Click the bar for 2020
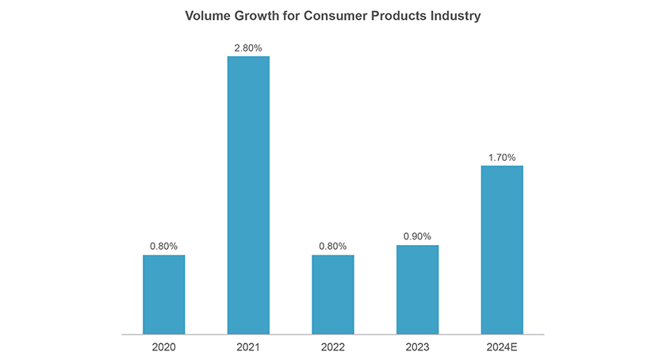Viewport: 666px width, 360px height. click(163, 294)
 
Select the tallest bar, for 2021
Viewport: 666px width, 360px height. click(248, 195)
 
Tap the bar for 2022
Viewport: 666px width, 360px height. click(333, 294)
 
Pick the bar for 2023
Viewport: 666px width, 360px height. click(417, 289)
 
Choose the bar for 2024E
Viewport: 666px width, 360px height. click(502, 250)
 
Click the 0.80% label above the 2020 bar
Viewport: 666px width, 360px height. click(163, 247)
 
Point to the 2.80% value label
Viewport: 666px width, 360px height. click(248, 48)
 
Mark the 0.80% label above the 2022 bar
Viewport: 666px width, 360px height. click(333, 247)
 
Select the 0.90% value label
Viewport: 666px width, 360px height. click(417, 237)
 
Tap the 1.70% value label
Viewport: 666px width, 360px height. click(502, 158)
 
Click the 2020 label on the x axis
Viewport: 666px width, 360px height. click(163, 347)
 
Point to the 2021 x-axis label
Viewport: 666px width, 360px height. click(248, 347)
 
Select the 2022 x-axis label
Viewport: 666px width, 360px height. click(333, 347)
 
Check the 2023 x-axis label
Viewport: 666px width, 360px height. click(417, 347)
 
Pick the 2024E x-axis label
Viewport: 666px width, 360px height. click(502, 347)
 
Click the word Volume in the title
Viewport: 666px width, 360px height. click(206, 16)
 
